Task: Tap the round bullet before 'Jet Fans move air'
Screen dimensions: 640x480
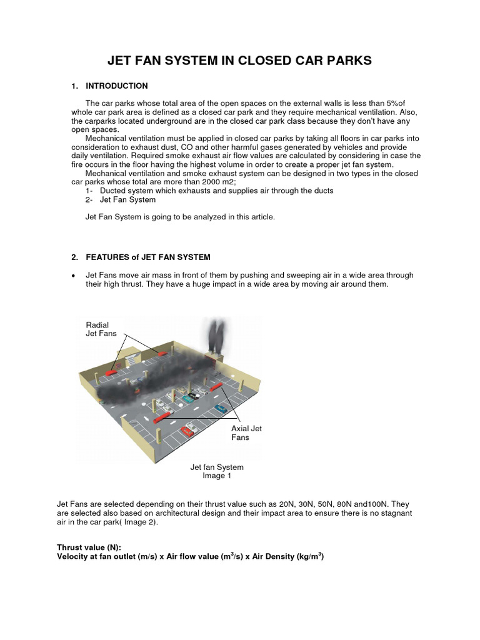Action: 74,276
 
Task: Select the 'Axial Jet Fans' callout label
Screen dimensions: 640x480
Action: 246,432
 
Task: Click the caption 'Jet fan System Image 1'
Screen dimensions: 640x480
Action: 216,471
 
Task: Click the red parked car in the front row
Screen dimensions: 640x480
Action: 188,430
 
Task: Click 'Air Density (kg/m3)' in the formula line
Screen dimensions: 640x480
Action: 287,556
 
